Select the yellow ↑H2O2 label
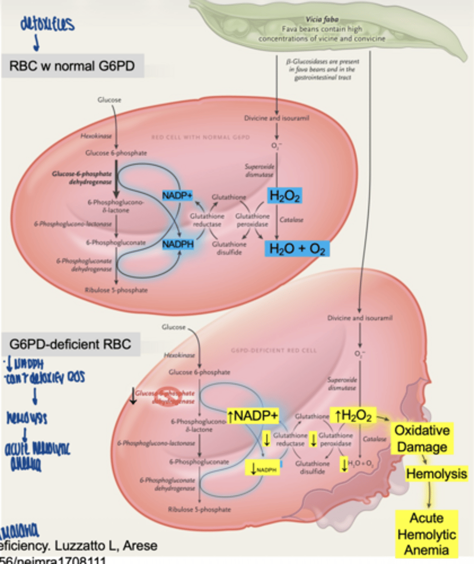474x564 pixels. coord(353,415)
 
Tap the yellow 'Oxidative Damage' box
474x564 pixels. coord(422,439)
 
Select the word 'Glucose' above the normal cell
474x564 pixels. coord(109,100)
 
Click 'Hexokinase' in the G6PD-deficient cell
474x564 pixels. coord(176,356)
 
